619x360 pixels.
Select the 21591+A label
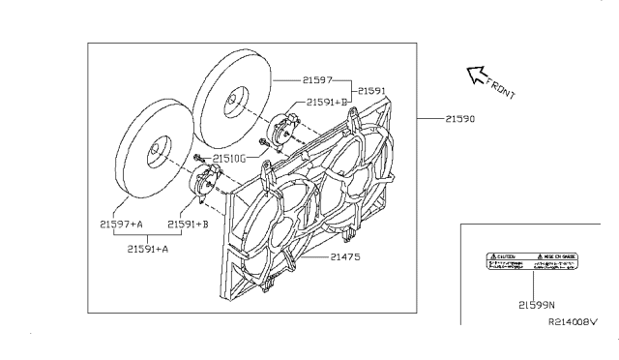(150, 248)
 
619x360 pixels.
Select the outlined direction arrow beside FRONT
(475, 73)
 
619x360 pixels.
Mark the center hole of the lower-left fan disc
(155, 153)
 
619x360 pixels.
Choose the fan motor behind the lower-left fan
(205, 182)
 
